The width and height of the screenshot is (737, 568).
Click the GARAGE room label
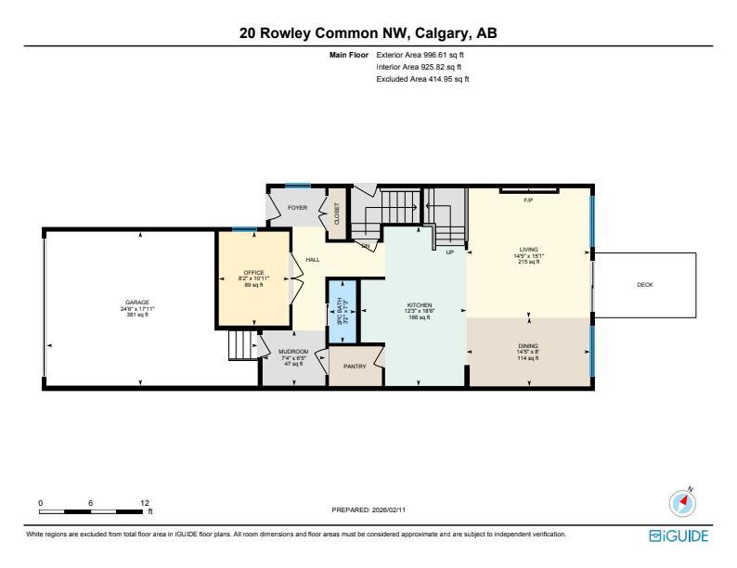pyautogui.click(x=137, y=303)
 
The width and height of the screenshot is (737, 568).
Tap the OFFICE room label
pyautogui.click(x=253, y=272)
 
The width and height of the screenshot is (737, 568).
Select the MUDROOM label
pyautogui.click(x=293, y=352)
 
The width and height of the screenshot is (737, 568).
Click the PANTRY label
pyautogui.click(x=355, y=366)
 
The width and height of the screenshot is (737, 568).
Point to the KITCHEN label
pyautogui.click(x=420, y=304)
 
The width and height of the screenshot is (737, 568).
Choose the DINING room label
pyautogui.click(x=528, y=346)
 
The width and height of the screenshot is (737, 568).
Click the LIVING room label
pyautogui.click(x=528, y=250)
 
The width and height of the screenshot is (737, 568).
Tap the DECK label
pyautogui.click(x=644, y=285)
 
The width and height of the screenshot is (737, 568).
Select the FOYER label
pyautogui.click(x=297, y=208)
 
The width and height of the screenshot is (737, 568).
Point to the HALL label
pyautogui.click(x=313, y=260)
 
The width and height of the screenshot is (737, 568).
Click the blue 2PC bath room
pyautogui.click(x=341, y=308)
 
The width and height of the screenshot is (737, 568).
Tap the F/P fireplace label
pyautogui.click(x=528, y=200)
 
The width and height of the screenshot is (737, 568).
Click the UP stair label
pyautogui.click(x=449, y=252)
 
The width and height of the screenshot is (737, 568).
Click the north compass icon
pyautogui.click(x=683, y=502)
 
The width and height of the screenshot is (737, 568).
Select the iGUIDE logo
pyautogui.click(x=679, y=536)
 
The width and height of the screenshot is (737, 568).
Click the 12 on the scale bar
pyautogui.click(x=144, y=503)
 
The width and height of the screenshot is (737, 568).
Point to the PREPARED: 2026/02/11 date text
pyautogui.click(x=368, y=510)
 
